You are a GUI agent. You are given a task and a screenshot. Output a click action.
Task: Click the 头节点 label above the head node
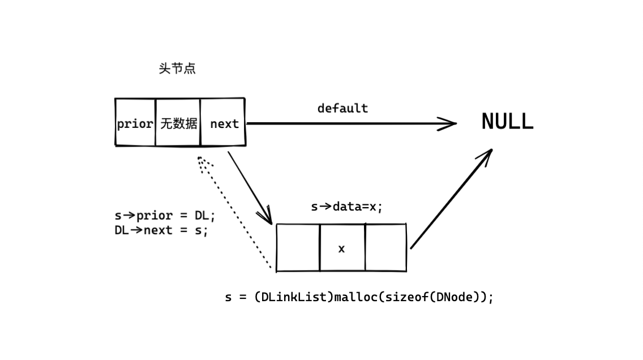coord(177,68)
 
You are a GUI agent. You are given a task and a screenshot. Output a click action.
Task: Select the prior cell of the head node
coord(135,122)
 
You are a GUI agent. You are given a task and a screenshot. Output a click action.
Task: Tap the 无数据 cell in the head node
coord(178,122)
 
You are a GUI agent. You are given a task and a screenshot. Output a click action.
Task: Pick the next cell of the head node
coord(222,122)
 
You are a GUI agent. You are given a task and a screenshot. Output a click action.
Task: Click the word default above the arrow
coord(343,108)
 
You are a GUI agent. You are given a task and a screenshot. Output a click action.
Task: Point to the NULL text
coord(507,121)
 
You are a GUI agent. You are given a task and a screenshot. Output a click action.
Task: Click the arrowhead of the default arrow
coord(448,123)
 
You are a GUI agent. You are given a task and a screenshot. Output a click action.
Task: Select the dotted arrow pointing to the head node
coord(234,212)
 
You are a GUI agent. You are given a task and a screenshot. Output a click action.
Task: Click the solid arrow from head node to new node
coord(250,188)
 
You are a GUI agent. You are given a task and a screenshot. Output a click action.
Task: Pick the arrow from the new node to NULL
coord(451,199)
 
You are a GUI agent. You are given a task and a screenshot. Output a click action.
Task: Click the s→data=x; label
coord(346,207)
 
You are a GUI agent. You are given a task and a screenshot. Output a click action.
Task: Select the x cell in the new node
coord(342,248)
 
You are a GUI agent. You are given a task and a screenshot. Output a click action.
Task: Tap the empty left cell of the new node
coord(298,248)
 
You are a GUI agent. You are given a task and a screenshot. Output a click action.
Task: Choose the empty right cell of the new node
coord(385,248)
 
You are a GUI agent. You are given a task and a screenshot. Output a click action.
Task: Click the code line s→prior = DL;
coord(165,216)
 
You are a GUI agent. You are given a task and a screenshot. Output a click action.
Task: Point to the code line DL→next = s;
coord(161,230)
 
